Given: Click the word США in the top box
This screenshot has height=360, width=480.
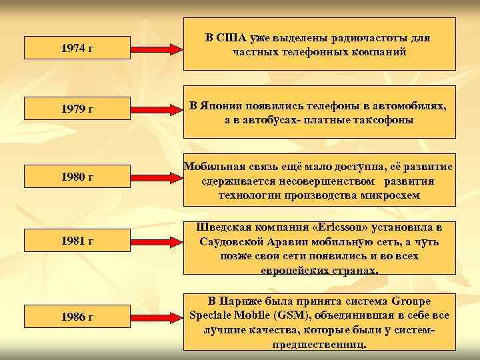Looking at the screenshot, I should pos(231,37).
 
